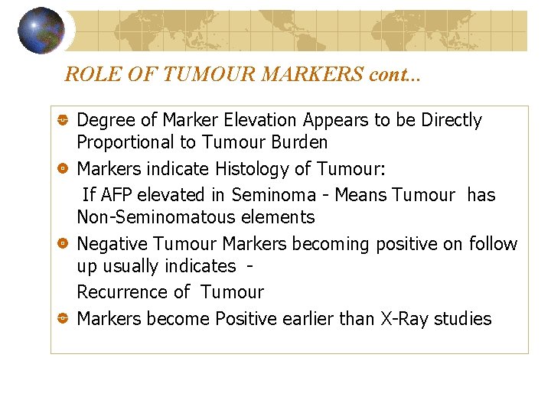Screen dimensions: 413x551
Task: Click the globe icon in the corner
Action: tap(41, 31)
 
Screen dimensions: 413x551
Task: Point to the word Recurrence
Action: tap(122, 292)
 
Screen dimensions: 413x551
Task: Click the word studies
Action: tap(462, 319)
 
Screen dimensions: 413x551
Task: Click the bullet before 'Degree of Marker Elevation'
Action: tap(64, 121)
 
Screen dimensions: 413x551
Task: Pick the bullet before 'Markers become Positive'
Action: tap(64, 319)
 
